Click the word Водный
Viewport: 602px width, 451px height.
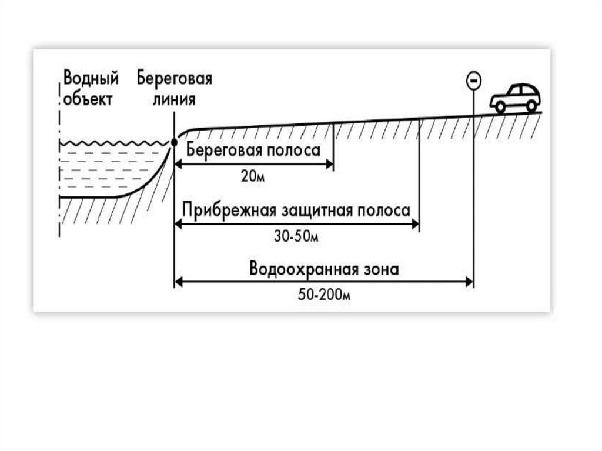[x=91, y=79]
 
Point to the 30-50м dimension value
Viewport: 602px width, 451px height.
[x=296, y=236]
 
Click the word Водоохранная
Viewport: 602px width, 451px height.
[x=304, y=270]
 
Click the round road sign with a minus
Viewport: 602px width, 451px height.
[x=473, y=79]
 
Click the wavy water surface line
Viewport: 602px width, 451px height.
[x=115, y=143]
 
